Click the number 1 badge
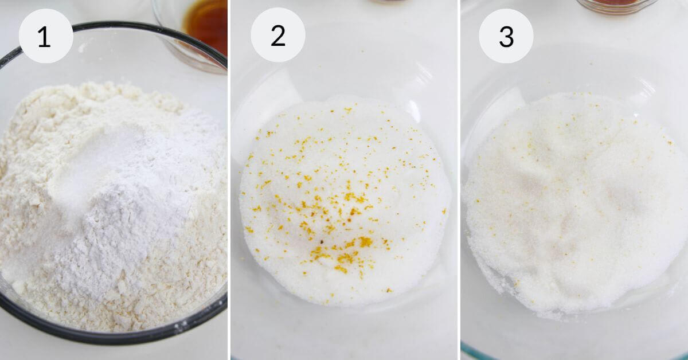(x=46, y=36)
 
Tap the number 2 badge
(x=278, y=35)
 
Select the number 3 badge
(x=506, y=36)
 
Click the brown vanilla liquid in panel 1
(x=206, y=25)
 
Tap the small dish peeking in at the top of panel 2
(x=389, y=2)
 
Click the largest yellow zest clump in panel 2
(x=365, y=242)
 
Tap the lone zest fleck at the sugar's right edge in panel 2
(x=444, y=211)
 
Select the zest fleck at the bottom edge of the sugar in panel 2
(x=389, y=290)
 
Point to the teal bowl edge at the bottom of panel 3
(x=479, y=353)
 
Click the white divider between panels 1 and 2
(x=229, y=180)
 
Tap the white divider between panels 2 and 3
(x=459, y=180)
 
